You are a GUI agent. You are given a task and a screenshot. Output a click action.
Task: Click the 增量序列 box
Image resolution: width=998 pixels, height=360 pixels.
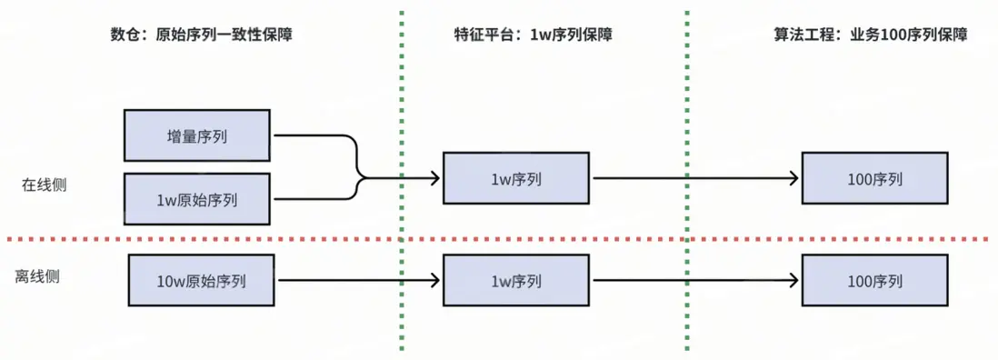coord(196,136)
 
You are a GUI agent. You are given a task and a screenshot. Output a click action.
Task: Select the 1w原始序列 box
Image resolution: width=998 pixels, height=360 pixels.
coord(196,199)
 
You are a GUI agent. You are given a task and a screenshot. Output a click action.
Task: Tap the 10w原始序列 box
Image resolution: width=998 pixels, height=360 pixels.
coord(201,281)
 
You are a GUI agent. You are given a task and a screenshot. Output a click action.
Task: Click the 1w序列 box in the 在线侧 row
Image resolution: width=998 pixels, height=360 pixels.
coord(515,178)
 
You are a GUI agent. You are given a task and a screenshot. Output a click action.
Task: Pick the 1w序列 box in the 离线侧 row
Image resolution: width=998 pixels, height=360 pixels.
coord(515,281)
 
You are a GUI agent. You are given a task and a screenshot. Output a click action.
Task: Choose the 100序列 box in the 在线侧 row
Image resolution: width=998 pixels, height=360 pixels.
coord(874,178)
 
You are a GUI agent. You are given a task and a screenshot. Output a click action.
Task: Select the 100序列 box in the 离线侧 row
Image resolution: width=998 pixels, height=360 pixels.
coord(874,281)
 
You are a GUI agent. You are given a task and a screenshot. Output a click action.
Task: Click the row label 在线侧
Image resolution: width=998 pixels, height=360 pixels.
coord(44,185)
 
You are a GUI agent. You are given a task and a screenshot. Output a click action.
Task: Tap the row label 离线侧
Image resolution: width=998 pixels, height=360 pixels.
coord(37,276)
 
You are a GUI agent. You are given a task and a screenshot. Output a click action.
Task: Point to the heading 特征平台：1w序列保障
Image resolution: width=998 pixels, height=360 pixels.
coord(533,35)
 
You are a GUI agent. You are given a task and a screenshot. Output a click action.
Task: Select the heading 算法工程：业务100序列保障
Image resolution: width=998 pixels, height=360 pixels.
coord(868,35)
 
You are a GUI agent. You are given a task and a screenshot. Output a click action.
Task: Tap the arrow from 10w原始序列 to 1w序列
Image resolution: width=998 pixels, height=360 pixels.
coord(354,281)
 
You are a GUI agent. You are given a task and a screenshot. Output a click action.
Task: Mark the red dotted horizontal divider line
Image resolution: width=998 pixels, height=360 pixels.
coord(545,239)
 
